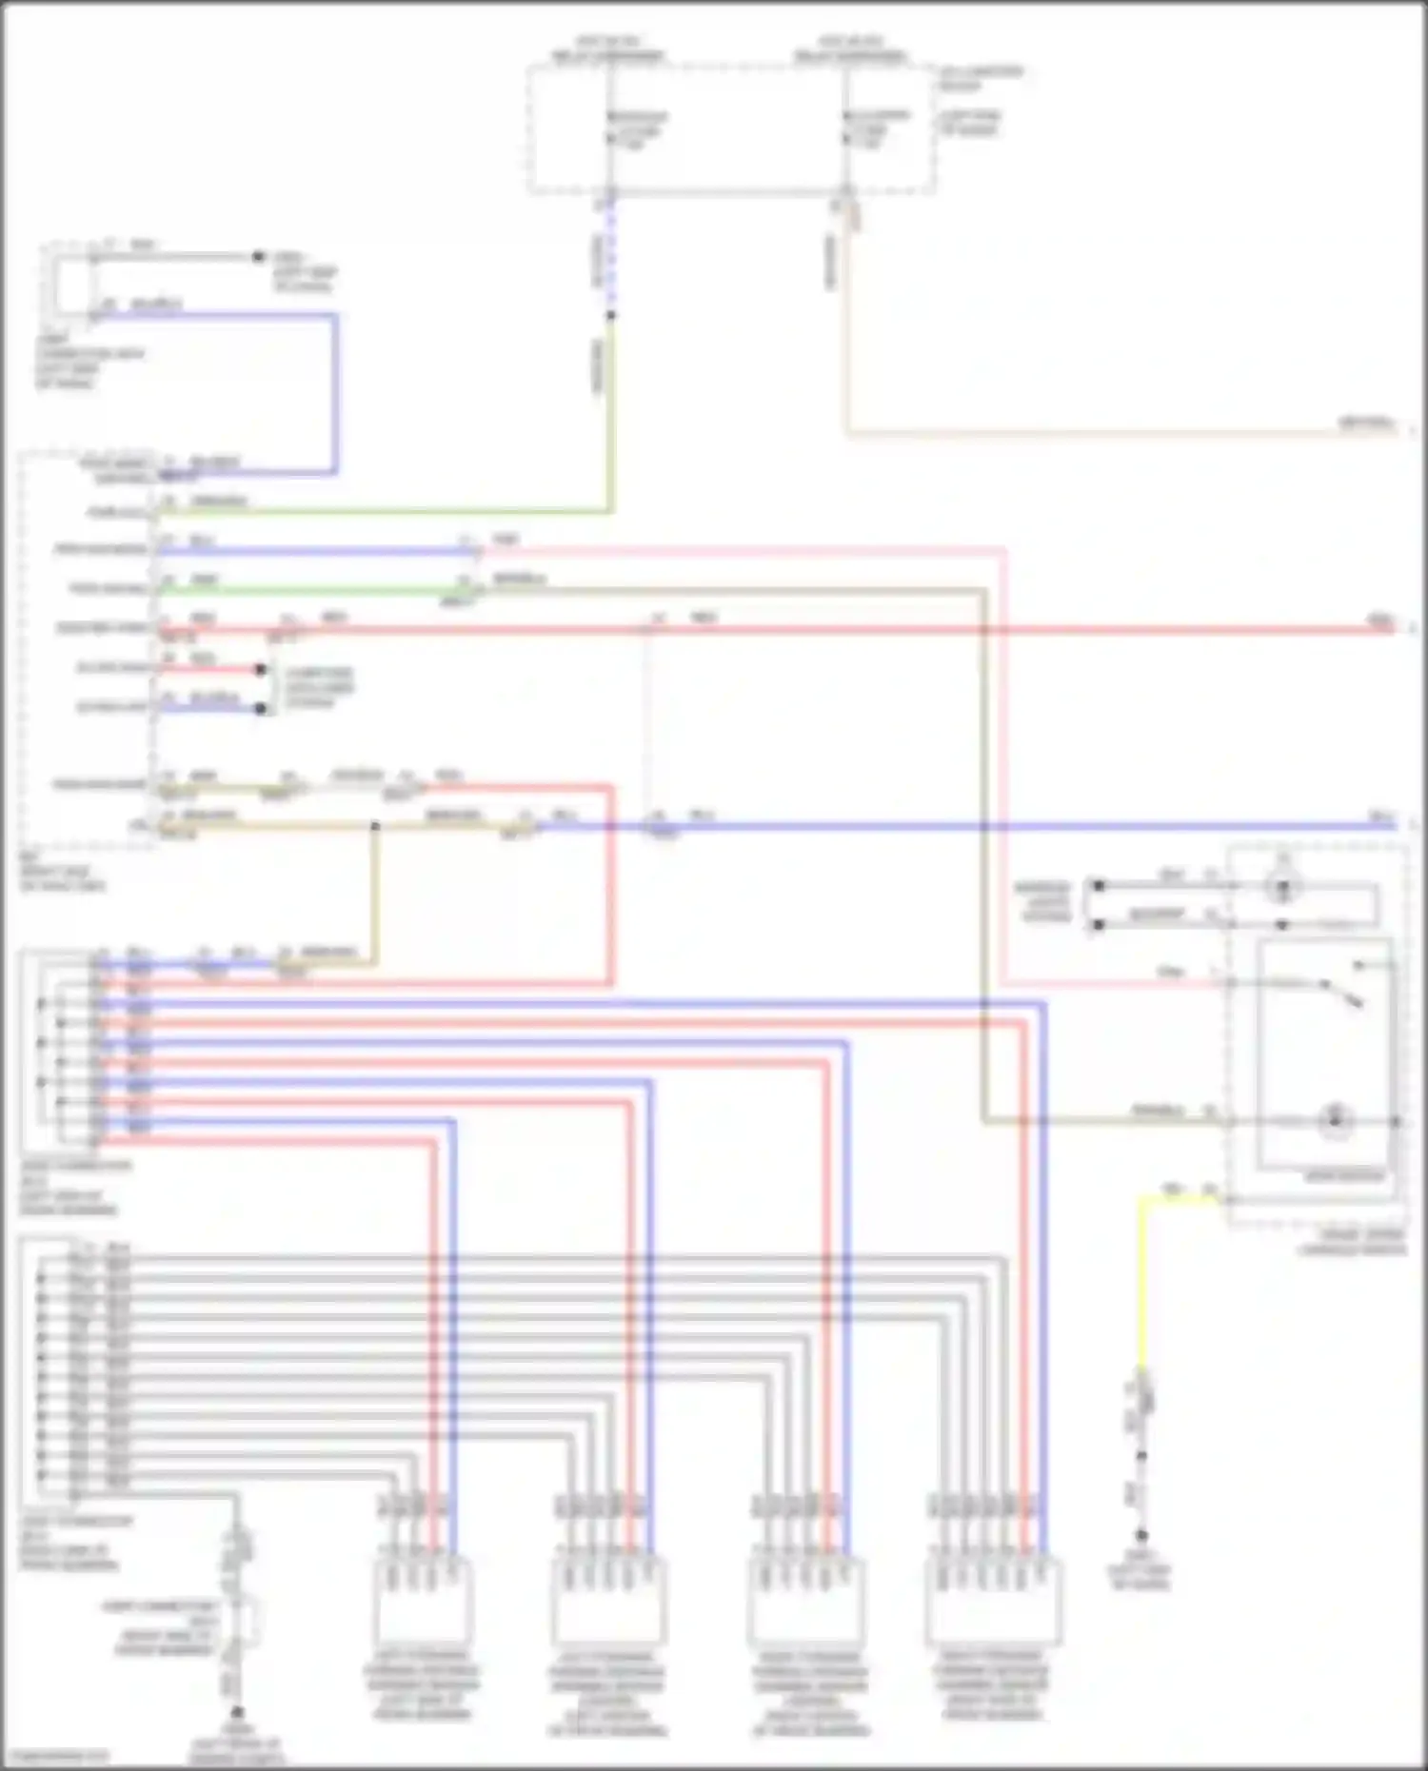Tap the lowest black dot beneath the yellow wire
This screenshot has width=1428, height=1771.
1140,1535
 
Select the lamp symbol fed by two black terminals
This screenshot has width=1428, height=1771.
1282,888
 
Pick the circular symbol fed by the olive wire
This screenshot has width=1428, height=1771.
1335,1120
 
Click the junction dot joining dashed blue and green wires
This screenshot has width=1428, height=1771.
610,315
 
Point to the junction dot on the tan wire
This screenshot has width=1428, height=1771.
375,826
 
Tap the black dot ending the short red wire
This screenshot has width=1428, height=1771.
261,669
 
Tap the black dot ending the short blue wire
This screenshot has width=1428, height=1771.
261,709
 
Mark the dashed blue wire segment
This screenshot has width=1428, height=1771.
610,257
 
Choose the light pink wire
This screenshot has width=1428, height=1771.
1005,761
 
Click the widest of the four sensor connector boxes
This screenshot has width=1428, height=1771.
993,1602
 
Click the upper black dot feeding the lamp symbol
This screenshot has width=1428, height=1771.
1098,885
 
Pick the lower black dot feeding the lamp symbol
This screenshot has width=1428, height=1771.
1098,924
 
